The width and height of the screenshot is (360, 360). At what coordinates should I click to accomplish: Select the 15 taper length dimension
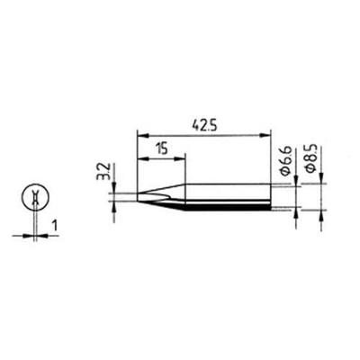click(x=162, y=148)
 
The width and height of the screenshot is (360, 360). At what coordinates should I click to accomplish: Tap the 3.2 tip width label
click(x=101, y=172)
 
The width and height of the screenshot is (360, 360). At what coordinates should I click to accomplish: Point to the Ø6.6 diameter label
click(x=286, y=161)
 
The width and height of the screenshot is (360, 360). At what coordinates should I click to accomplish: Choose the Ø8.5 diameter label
click(x=311, y=159)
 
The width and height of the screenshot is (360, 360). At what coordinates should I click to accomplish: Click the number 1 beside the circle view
click(x=55, y=226)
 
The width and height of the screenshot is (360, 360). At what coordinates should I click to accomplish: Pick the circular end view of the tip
click(x=35, y=197)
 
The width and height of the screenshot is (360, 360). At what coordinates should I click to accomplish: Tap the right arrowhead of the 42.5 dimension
click(x=265, y=136)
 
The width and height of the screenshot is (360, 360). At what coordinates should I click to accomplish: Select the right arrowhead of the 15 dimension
click(x=180, y=158)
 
